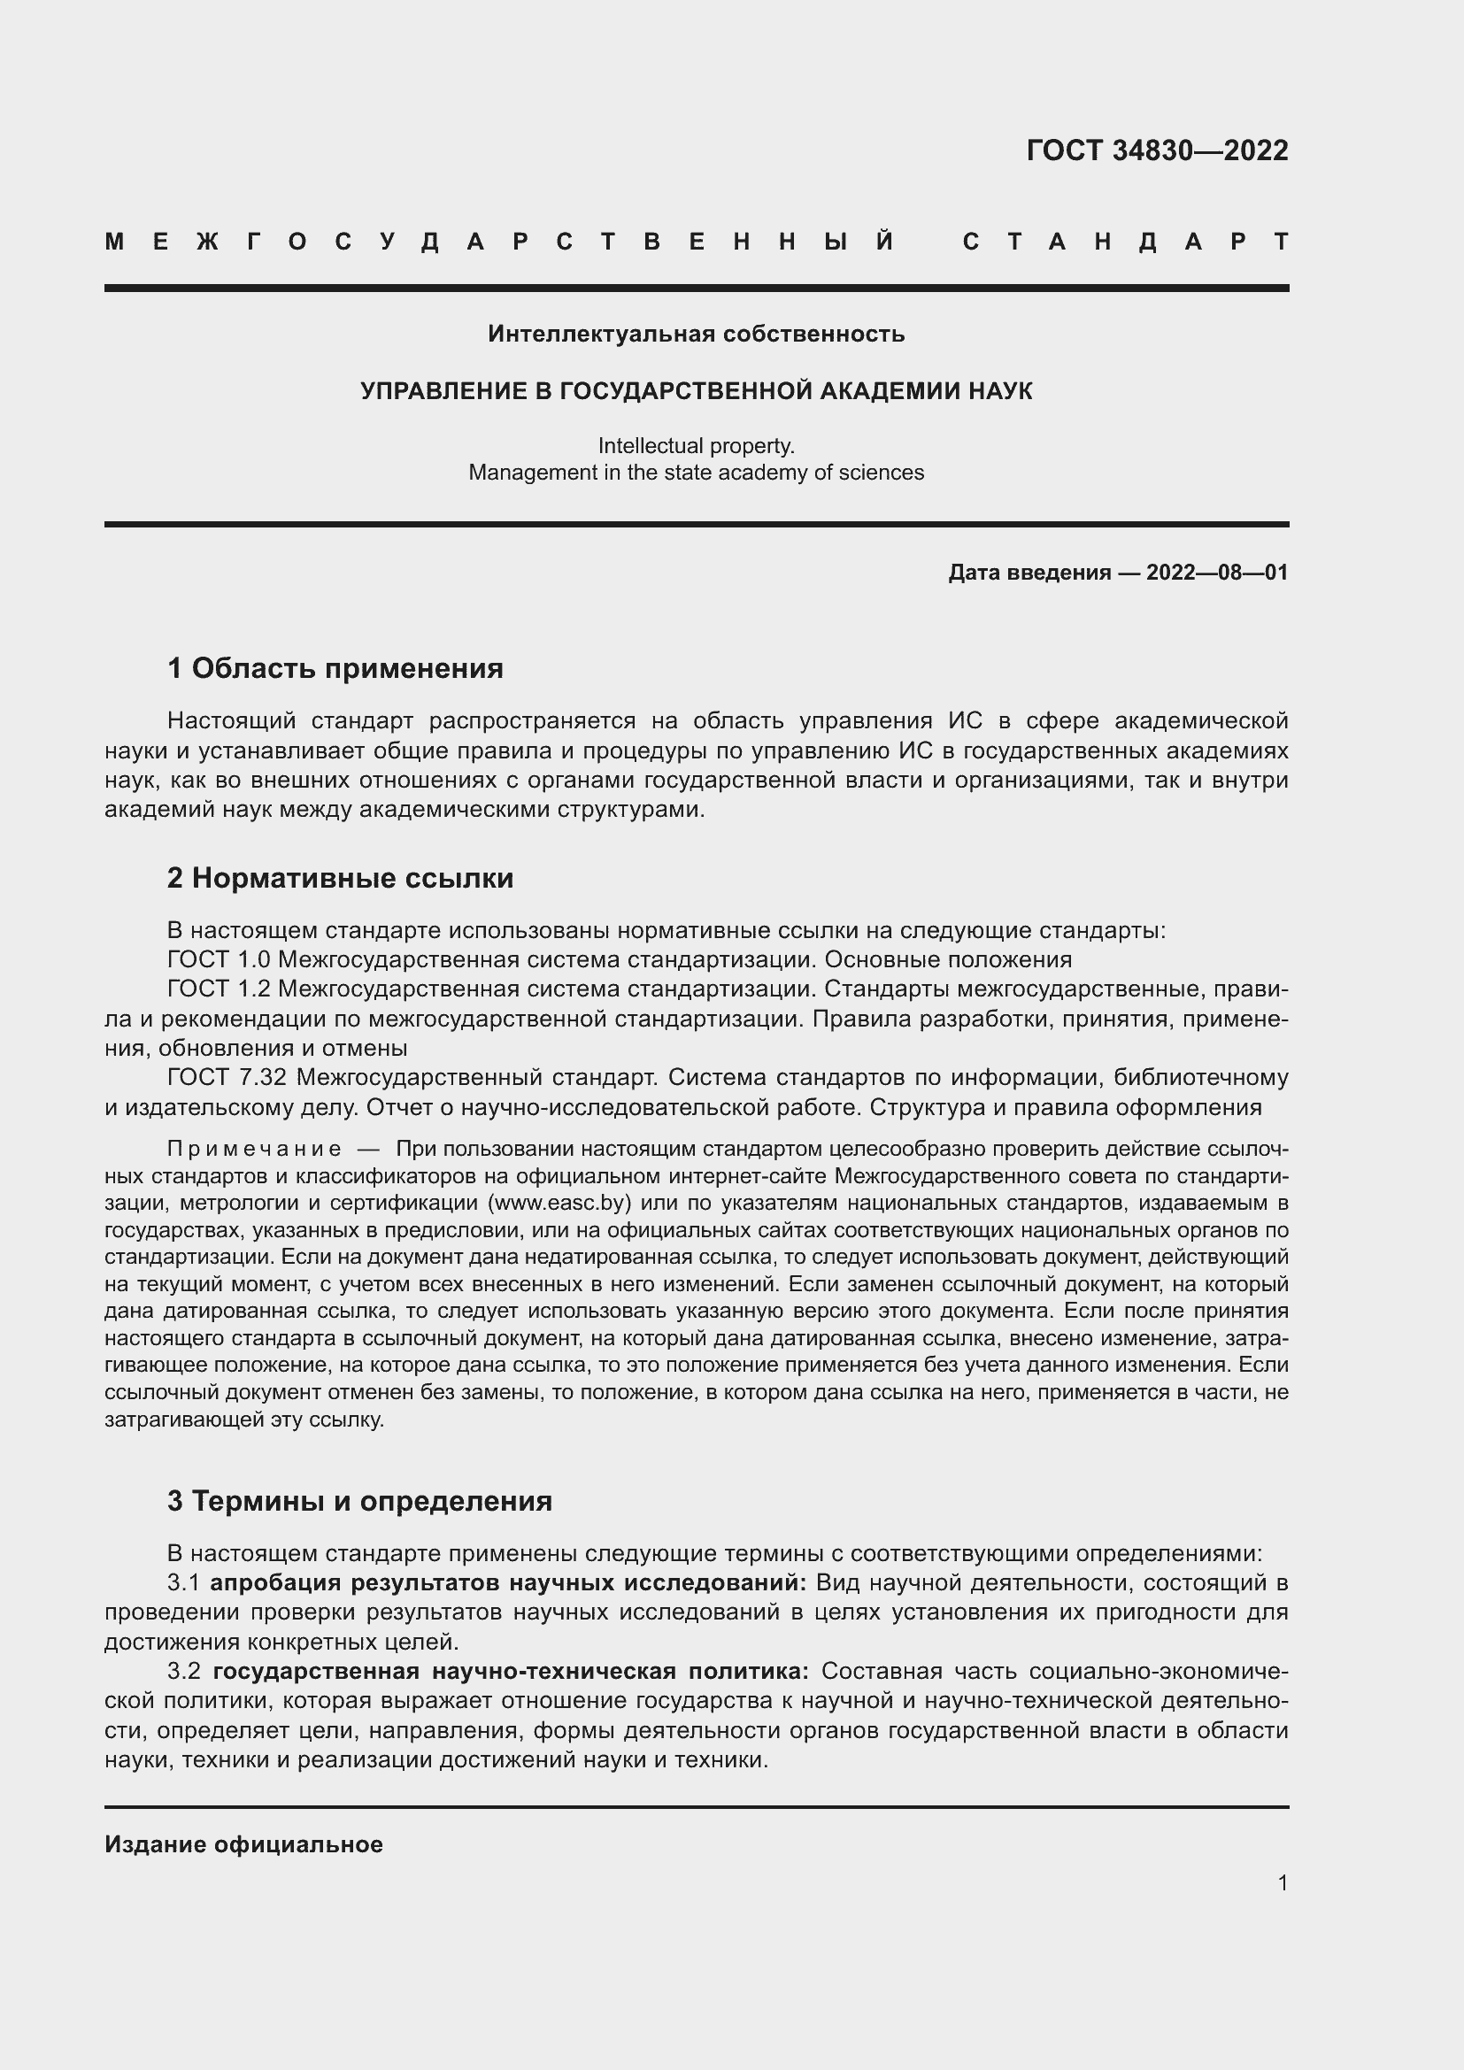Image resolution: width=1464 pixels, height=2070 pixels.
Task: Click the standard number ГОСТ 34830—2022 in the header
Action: (1157, 150)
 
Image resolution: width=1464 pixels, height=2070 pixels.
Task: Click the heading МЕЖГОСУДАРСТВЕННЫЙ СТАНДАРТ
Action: (696, 242)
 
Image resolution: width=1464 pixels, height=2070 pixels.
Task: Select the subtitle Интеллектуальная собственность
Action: (696, 334)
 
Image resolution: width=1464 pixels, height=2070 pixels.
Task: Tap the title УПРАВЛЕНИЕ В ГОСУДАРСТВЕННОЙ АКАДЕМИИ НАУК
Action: (696, 390)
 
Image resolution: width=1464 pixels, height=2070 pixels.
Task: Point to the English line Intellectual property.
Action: (696, 445)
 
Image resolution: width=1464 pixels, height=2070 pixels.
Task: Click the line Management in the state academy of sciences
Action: (696, 473)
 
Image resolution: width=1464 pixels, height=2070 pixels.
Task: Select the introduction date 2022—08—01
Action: (1216, 573)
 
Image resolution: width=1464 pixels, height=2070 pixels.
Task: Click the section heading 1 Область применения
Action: (335, 668)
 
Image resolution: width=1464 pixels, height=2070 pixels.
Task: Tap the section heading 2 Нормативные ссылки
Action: (340, 877)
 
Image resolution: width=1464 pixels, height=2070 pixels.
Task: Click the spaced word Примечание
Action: (254, 1149)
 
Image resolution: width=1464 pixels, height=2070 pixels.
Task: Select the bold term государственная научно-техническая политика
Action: (510, 1672)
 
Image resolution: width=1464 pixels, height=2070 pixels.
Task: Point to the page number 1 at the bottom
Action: (1282, 1882)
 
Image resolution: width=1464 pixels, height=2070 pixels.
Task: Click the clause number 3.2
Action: (183, 1672)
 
